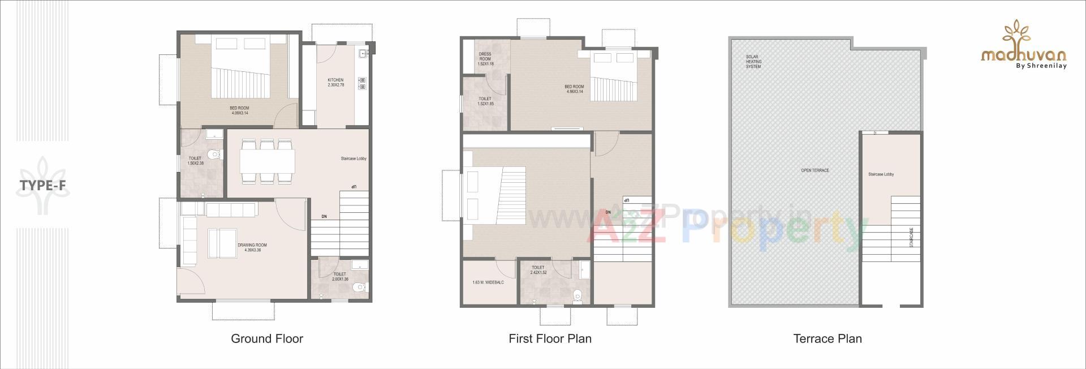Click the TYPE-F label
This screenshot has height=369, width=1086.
43,186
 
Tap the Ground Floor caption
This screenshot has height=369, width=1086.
267,339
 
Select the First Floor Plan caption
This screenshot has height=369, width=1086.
550,339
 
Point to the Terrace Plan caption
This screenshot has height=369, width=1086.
828,339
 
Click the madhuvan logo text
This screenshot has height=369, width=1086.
1024,55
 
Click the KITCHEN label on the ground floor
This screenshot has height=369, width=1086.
335,83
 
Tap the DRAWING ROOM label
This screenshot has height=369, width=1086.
252,247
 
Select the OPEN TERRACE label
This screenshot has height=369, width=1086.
815,170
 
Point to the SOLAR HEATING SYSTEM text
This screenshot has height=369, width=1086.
753,62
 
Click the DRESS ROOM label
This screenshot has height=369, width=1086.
485,59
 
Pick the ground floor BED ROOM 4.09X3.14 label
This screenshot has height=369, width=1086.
239,110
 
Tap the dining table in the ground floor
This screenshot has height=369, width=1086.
267,161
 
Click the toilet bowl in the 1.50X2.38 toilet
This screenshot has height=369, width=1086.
214,154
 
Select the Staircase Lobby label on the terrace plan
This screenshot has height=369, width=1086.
881,174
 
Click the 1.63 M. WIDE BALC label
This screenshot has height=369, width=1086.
488,282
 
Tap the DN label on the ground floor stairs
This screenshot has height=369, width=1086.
324,217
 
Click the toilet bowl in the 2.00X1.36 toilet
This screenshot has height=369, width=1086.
358,288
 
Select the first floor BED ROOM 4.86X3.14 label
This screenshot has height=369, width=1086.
574,89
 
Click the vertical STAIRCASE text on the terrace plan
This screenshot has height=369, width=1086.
911,238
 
